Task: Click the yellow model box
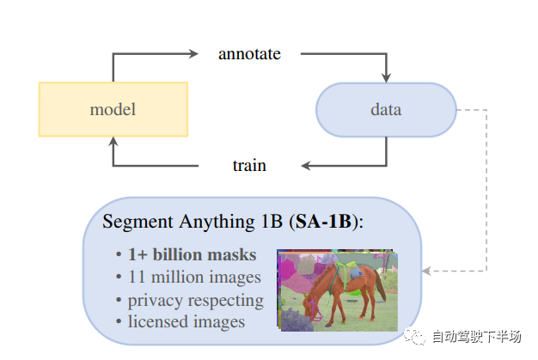(x=113, y=109)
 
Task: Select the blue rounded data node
(x=386, y=110)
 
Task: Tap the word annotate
(x=249, y=53)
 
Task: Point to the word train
(x=249, y=165)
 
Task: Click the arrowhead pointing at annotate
(x=193, y=53)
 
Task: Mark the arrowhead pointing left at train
(x=303, y=165)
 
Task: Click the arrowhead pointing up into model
(x=113, y=143)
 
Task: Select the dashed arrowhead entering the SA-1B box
(x=426, y=271)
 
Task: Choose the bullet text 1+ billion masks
(x=192, y=254)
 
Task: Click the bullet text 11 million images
(x=194, y=277)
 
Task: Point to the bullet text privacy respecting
(x=195, y=300)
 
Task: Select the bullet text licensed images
(x=186, y=322)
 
